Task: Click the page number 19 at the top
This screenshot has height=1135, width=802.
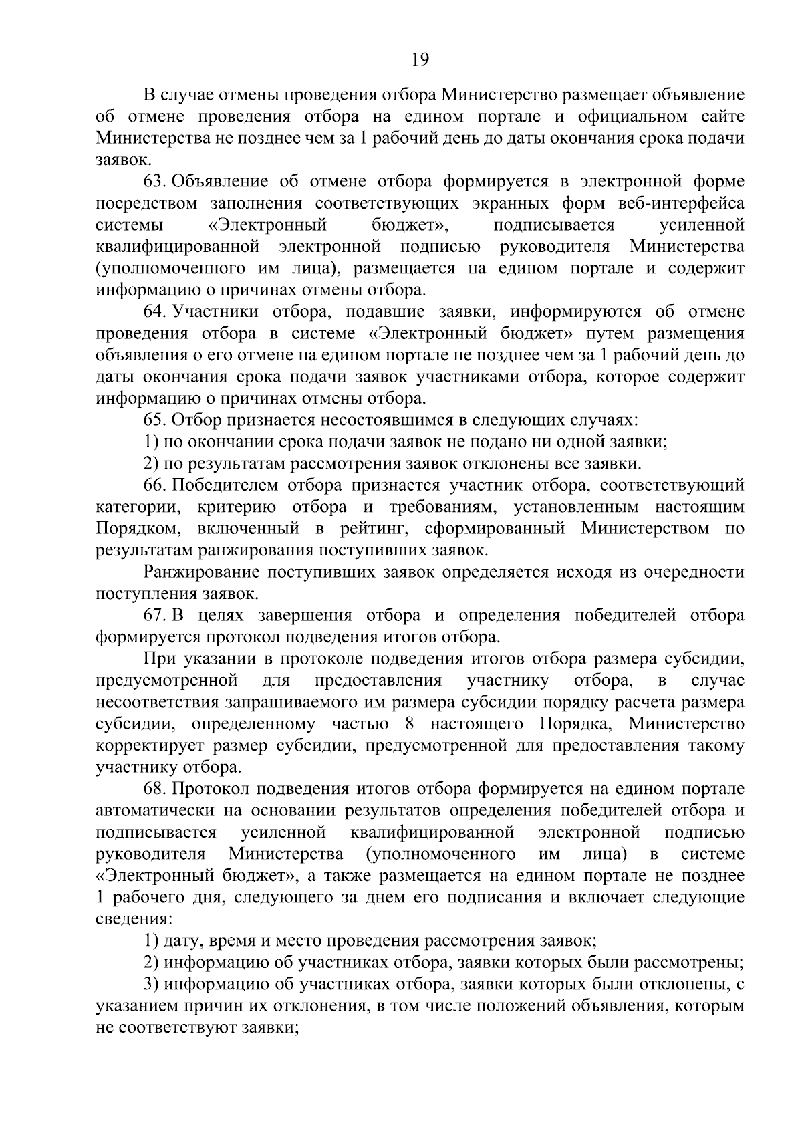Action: click(420, 59)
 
